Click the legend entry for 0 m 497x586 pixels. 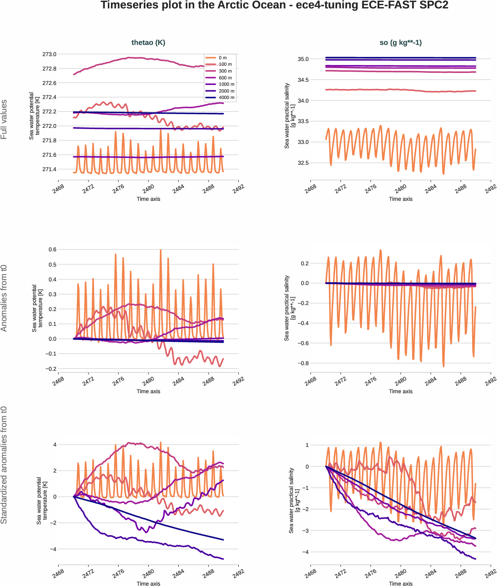tap(222, 58)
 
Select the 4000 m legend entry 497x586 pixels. tap(226, 97)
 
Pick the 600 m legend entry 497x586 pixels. tap(225, 78)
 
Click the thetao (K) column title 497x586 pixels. tap(148, 42)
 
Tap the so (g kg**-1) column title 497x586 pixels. tap(400, 42)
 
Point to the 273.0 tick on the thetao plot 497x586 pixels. tap(49, 54)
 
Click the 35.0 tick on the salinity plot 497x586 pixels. tap(303, 59)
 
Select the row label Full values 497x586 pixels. tap(4, 119)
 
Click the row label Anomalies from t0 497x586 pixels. tap(4, 298)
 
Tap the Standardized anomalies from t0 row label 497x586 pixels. tap(4, 465)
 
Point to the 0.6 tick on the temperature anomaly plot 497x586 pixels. tap(52, 249)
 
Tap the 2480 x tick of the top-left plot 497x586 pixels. tap(148, 189)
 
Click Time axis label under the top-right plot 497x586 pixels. tap(400, 199)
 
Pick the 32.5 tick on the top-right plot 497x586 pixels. tap(303, 163)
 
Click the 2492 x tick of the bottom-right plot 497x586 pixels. tap(490, 574)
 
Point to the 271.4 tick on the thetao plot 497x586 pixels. tap(49, 169)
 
